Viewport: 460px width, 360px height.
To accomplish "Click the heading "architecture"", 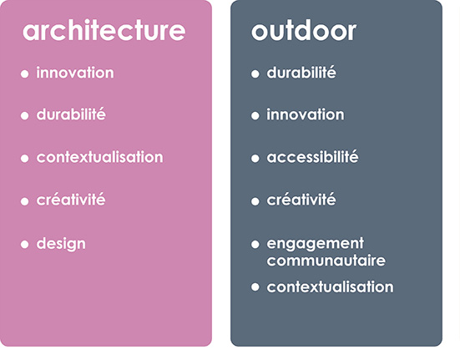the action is pos(104,30).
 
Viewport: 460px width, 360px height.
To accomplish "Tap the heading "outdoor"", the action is pos(304,30).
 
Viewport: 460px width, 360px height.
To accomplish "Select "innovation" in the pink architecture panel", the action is pos(75,73).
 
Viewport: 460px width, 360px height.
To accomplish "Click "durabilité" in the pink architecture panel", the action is pos(71,114).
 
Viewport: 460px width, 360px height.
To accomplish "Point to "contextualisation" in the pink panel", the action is pos(99,157).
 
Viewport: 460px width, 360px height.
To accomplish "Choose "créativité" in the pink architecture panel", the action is pos(71,200).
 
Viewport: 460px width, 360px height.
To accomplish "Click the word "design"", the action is pos(61,244).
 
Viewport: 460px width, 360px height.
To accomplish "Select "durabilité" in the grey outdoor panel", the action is pos(301,73).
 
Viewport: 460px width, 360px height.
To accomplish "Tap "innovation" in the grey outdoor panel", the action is pos(305,114).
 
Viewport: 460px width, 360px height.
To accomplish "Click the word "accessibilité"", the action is pos(312,157).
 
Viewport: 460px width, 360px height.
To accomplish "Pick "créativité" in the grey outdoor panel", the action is pos(301,200).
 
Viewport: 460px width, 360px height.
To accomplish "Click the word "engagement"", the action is pos(316,244).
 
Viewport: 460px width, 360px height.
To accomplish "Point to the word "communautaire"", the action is pos(326,261).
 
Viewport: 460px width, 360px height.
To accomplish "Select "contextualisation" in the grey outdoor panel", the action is pos(330,286).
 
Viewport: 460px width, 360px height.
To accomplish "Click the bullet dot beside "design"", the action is pos(25,244).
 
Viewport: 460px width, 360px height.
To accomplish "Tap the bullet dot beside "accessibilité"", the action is pos(255,159).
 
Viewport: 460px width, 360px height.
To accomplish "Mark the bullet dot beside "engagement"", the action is pos(255,244).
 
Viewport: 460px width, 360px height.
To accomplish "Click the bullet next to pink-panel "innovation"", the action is pos(25,74).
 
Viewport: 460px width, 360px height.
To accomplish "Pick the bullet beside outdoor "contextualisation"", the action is pos(255,287).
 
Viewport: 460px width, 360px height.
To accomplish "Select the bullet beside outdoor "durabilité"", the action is pos(255,74).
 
